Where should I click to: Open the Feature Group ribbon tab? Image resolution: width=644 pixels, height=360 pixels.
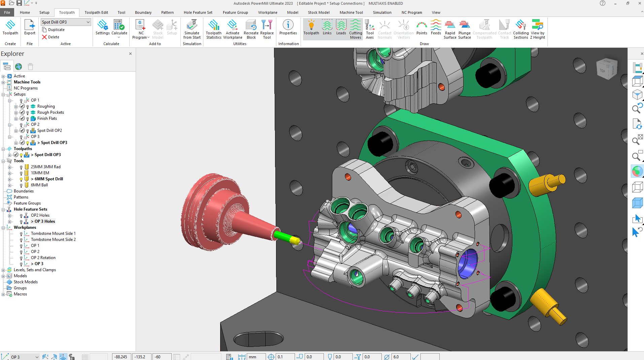point(235,12)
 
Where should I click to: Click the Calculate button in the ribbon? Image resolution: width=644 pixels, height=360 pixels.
point(119,27)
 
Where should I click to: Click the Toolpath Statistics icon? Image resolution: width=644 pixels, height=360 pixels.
point(213,29)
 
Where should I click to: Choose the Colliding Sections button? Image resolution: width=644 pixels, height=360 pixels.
point(520,29)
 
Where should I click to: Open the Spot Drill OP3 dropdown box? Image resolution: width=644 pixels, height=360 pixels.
point(88,22)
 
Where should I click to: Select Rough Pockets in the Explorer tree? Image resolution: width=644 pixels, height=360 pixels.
point(50,112)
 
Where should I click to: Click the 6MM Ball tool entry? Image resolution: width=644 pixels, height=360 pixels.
point(39,185)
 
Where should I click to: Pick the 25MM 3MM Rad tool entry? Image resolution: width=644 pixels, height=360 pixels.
point(45,167)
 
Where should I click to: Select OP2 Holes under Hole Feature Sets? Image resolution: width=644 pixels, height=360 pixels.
point(40,215)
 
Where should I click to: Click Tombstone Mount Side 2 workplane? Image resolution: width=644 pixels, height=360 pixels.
point(53,240)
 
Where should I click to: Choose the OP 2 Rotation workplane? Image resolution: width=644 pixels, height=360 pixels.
point(43,258)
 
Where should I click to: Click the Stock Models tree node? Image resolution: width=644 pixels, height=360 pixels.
point(26,282)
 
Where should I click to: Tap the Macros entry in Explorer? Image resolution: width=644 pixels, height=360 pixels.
point(20,294)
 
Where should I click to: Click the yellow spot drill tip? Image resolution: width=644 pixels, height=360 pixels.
point(295,240)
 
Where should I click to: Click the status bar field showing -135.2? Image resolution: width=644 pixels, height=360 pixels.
point(142,357)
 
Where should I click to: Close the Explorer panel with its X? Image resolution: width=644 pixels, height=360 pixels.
point(130,54)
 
